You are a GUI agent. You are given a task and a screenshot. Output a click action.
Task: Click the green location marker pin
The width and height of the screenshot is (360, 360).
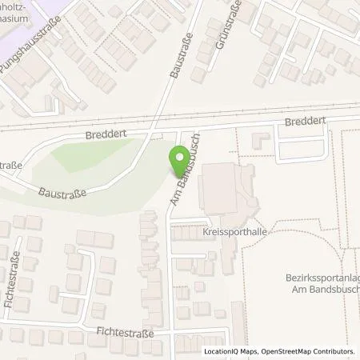click(x=178, y=163)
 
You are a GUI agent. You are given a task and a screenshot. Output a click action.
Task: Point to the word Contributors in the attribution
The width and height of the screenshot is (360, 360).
click(x=334, y=351)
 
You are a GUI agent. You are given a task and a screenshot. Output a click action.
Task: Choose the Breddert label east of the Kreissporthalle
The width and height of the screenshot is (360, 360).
click(x=304, y=123)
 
